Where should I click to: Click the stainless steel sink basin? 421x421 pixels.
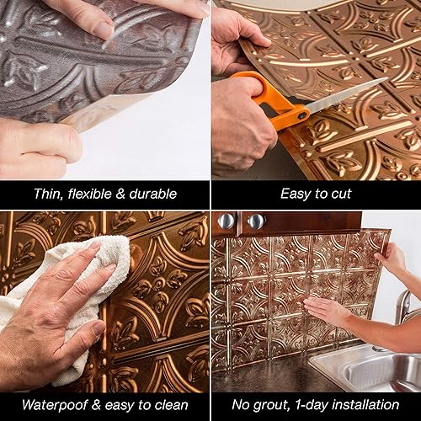(370, 370)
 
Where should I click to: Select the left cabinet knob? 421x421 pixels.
(226, 221)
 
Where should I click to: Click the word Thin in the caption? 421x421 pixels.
(48, 194)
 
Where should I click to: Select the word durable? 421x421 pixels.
(153, 194)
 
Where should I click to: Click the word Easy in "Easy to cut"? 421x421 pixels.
(295, 194)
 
